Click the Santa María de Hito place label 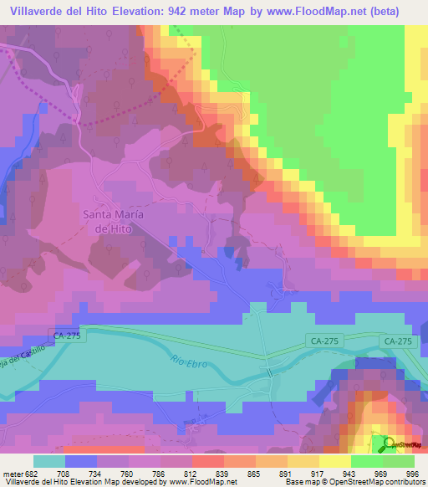113,221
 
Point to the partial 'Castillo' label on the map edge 18,363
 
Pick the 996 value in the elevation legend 410,473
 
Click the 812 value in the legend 189,473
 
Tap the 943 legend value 344,473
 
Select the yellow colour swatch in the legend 334,461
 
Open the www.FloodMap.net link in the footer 206,482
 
